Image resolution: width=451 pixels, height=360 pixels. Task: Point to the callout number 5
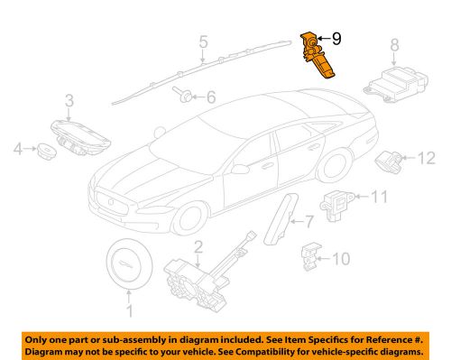coord(203,41)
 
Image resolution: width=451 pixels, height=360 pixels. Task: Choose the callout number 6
coord(212,97)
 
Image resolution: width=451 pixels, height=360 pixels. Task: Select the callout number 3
coord(68,99)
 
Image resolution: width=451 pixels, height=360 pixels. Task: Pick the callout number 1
coord(127,311)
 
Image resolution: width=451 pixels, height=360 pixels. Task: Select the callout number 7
coord(308,220)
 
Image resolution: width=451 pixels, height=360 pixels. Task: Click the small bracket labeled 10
coord(312,256)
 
